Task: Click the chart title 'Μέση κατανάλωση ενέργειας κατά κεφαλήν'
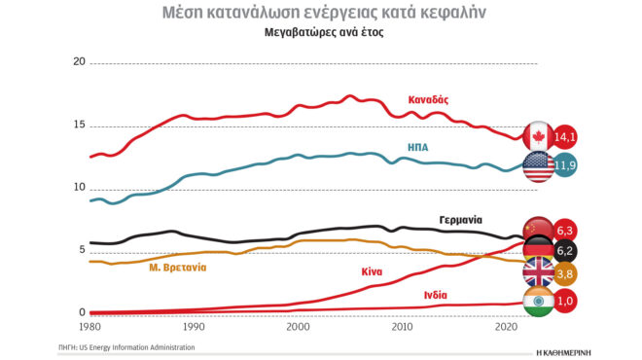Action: click(320, 13)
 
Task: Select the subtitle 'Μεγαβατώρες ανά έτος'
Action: click(320, 33)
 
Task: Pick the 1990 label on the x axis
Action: click(194, 329)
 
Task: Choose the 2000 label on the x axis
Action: click(298, 329)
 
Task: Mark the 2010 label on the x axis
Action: click(401, 329)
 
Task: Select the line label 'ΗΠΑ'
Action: click(419, 148)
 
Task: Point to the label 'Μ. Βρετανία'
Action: click(177, 268)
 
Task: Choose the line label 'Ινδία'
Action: click(437, 294)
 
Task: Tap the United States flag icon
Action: click(538, 165)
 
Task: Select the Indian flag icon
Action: click(538, 302)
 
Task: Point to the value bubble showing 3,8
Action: click(565, 275)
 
